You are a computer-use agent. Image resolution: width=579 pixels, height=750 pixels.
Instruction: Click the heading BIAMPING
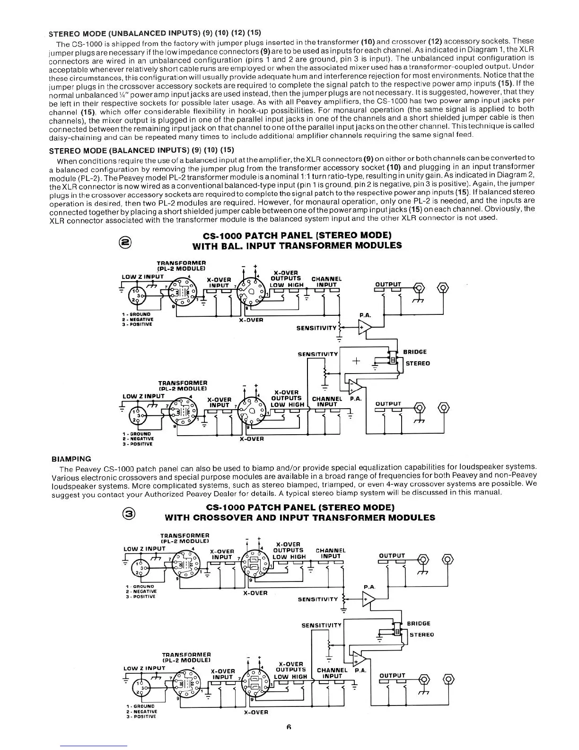(70, 459)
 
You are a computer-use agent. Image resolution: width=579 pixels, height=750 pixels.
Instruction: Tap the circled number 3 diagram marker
(129, 512)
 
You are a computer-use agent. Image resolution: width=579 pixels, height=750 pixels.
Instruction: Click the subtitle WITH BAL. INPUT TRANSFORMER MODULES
(297, 246)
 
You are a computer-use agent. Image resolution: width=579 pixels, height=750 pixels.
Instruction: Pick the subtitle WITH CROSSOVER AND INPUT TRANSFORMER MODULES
(299, 518)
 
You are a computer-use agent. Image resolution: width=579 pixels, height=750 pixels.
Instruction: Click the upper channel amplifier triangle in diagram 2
(365, 327)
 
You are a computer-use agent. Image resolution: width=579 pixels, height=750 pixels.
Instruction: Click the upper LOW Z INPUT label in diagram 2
(143, 277)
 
